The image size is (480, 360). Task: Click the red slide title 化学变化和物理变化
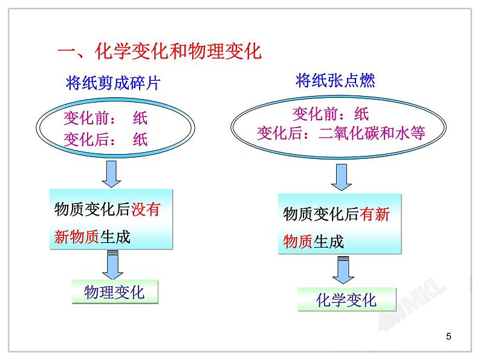click(178, 51)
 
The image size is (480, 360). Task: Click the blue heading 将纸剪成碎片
click(113, 83)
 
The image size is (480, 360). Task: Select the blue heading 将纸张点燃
click(335, 80)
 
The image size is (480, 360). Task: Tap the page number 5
click(449, 336)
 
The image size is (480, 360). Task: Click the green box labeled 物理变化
click(115, 292)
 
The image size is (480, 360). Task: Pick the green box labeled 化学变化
click(346, 300)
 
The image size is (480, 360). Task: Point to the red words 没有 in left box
click(146, 210)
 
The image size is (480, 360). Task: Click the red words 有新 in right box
click(374, 214)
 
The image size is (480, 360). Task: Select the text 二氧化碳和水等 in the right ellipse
click(372, 133)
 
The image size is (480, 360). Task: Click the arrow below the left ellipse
click(111, 174)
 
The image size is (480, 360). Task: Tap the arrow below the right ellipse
click(342, 178)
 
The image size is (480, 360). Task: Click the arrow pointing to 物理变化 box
click(112, 265)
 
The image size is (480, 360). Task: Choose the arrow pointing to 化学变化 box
click(343, 270)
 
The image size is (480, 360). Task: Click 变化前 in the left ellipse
click(86, 118)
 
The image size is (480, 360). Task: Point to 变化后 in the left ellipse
click(86, 140)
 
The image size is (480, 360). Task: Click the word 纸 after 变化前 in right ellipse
click(362, 114)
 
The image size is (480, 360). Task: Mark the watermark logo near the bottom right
click(412, 304)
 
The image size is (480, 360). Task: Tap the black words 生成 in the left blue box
click(115, 237)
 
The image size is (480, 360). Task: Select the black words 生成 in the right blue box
click(328, 242)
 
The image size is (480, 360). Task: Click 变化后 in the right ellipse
click(279, 133)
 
